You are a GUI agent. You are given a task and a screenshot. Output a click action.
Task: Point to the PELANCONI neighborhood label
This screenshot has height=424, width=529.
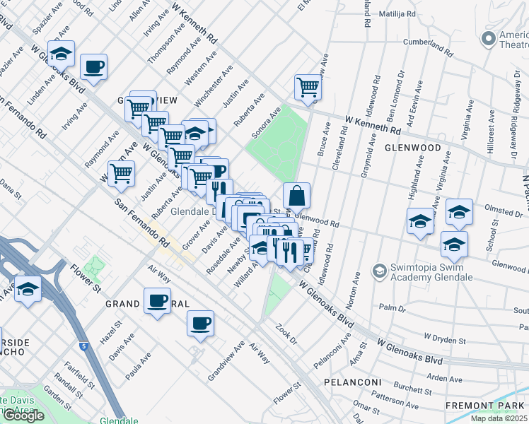coord(353,382)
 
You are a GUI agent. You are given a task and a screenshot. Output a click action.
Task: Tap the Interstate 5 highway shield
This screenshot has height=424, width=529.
coord(85,346)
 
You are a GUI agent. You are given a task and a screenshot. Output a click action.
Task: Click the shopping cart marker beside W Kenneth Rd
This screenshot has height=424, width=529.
coord(308,88)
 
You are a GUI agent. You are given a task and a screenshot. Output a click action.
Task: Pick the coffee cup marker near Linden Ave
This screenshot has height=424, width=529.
coord(93,68)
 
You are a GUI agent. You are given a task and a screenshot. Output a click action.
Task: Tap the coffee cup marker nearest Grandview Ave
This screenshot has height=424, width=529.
coord(200,323)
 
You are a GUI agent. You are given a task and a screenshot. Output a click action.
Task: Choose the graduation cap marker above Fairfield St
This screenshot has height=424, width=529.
coord(28,290)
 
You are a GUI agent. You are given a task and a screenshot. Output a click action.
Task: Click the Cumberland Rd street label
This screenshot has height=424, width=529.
coord(428,47)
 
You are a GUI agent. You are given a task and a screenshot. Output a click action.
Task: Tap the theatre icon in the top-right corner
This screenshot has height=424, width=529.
coord(487,37)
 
